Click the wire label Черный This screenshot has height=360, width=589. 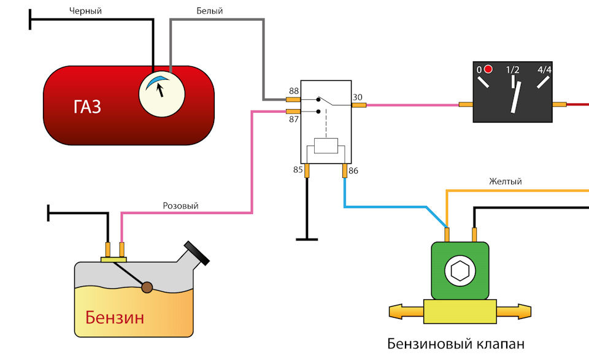point(85,11)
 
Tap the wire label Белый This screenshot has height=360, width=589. point(210,11)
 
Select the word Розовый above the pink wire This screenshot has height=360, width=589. point(180,205)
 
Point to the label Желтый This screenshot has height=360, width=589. point(505,182)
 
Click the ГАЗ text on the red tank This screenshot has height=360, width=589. point(87,107)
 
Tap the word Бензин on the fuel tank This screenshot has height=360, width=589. point(115,318)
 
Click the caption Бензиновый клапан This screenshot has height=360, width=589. point(456,344)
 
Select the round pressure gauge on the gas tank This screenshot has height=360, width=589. point(162,94)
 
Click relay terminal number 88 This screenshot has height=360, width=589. point(294,91)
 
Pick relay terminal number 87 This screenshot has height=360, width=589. point(294,120)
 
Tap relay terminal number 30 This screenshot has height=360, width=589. point(357,98)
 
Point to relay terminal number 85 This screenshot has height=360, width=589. point(298,170)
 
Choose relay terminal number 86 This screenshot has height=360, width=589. point(353,171)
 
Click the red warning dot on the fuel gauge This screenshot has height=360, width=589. point(488,69)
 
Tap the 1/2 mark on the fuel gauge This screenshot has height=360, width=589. point(512,70)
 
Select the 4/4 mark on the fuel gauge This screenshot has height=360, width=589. point(544,70)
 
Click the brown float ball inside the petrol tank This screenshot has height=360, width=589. point(147,288)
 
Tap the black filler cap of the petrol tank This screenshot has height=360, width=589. point(196,253)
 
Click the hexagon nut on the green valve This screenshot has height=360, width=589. point(460,271)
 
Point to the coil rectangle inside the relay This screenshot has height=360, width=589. point(326,145)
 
